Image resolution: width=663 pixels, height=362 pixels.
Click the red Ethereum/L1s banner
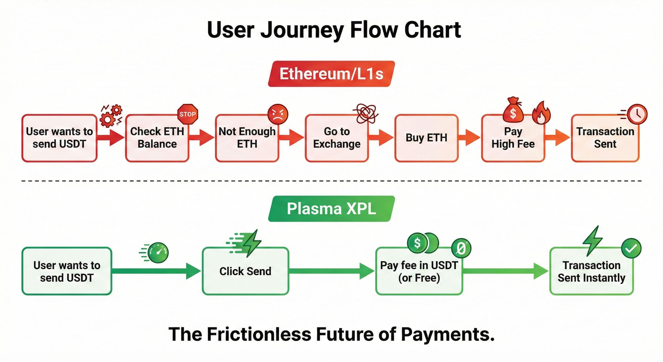(x=331, y=74)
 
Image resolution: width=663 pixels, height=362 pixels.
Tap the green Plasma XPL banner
(x=331, y=209)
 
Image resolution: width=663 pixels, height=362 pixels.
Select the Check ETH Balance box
(x=157, y=138)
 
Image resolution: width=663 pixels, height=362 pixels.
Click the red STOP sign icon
(x=188, y=114)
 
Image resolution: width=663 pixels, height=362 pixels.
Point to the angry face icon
(x=278, y=114)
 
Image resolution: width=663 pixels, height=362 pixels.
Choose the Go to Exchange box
(x=337, y=138)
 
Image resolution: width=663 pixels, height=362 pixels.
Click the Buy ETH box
(x=426, y=138)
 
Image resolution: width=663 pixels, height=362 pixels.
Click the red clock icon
(x=637, y=114)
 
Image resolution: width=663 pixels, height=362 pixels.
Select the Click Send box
(x=245, y=271)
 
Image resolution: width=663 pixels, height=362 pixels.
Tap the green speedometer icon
(x=158, y=252)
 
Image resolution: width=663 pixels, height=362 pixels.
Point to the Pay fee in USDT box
(x=419, y=271)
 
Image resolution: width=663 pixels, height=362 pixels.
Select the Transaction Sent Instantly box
(x=591, y=271)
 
